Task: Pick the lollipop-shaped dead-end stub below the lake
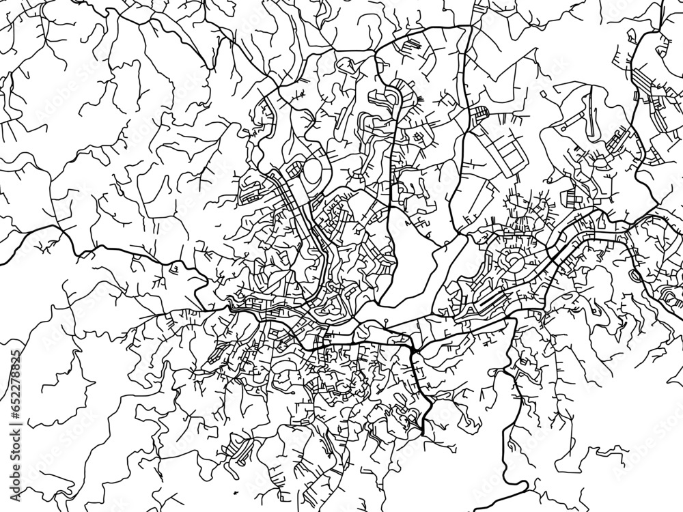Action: click(386, 319)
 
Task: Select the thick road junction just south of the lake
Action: click(413, 350)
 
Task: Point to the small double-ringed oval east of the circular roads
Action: click(637, 274)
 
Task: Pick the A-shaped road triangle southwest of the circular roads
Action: click(471, 311)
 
